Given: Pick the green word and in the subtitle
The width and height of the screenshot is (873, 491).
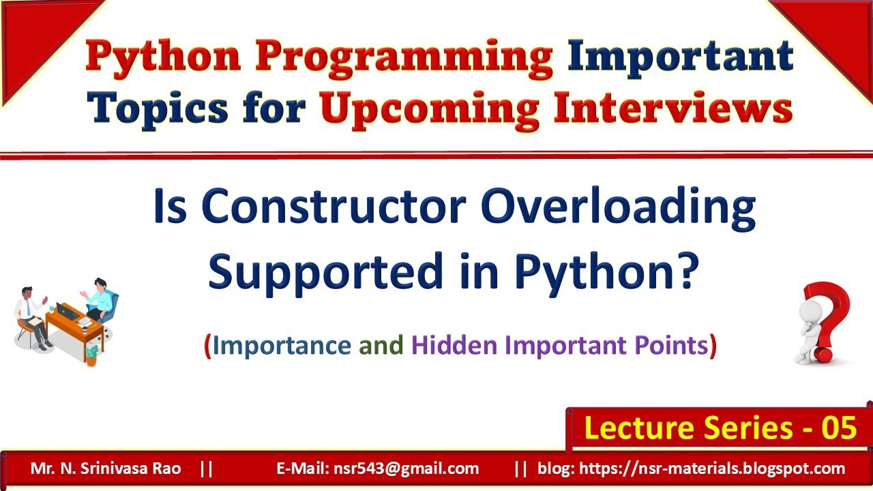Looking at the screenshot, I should pos(382,346).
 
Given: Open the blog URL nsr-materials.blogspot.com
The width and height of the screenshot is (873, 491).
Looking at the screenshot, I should pos(692,468).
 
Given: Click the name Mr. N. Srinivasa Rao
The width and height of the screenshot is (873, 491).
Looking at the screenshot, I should pos(106,468).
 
